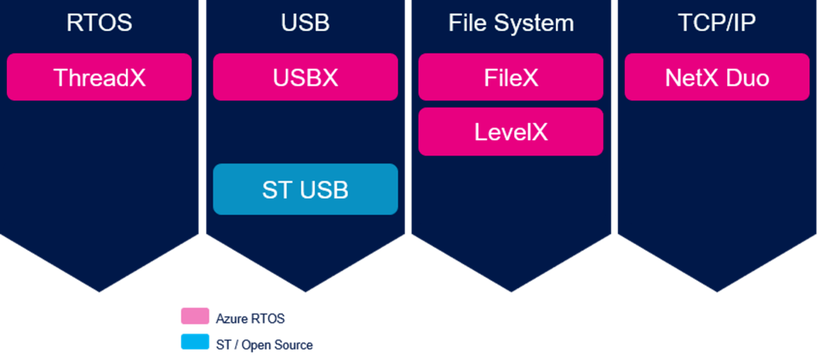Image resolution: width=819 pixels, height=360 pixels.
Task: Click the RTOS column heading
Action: [99, 23]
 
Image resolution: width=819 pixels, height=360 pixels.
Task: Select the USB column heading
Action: [306, 23]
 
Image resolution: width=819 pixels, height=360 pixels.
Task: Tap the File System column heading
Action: [511, 23]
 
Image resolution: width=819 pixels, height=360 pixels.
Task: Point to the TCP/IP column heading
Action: [717, 23]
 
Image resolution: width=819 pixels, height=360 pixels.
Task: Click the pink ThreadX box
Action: [99, 77]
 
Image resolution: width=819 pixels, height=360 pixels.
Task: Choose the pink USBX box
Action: [306, 77]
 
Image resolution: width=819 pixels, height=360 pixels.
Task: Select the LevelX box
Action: [511, 131]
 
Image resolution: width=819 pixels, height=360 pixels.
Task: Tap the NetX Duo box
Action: [717, 77]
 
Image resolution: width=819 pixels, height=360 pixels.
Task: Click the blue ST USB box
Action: [306, 189]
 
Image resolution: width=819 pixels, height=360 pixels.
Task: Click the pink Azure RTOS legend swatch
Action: [195, 317]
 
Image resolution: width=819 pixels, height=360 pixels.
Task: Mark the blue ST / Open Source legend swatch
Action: [195, 343]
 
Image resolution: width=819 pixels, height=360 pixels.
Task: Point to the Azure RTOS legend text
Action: [250, 318]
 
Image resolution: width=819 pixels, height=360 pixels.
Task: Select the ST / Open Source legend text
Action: [264, 345]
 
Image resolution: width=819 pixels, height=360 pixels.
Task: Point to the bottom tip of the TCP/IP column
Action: [717, 290]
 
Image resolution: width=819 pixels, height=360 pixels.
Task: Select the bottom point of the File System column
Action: [511, 290]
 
